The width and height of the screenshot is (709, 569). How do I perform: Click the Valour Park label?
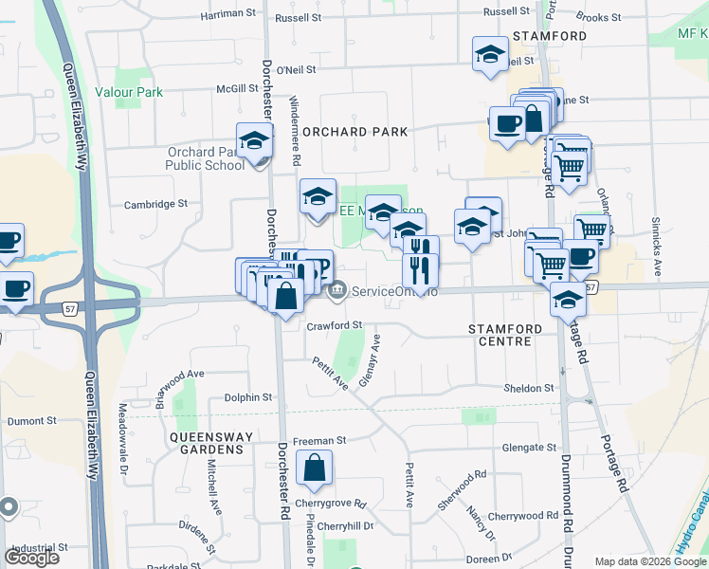coord(134,92)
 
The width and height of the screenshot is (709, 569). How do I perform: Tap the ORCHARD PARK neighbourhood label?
coord(354,132)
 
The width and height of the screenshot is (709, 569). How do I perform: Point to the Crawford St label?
coord(335,325)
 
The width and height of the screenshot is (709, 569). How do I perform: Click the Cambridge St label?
coord(156,204)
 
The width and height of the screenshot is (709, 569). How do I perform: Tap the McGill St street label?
coord(237,88)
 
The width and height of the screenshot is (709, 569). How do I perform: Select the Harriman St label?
coord(231,16)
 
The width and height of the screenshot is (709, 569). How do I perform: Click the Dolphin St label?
coord(248,397)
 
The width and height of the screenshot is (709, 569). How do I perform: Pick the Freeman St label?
coord(319,441)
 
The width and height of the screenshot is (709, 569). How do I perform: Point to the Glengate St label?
coord(529,448)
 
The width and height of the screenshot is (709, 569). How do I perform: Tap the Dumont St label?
coord(32,420)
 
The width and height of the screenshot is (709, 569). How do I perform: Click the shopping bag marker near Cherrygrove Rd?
coord(314,468)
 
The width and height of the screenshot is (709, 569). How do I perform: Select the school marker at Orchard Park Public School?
coord(254,142)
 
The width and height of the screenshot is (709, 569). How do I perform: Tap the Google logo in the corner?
coord(31,558)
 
